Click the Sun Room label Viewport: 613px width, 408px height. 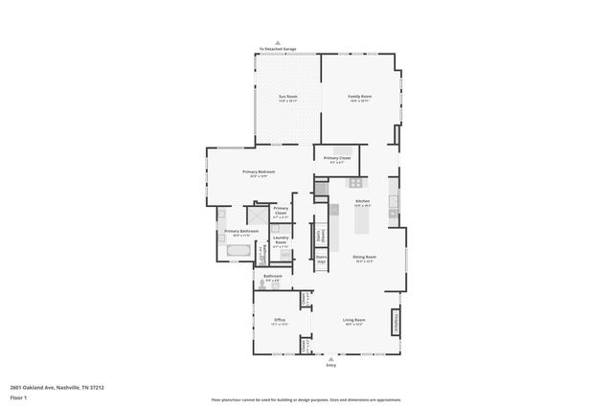(287, 98)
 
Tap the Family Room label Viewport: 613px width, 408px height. (359, 98)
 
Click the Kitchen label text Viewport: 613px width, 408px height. (362, 202)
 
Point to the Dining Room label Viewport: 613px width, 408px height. (363, 258)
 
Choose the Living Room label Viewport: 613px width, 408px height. (354, 321)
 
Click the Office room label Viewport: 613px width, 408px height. (280, 321)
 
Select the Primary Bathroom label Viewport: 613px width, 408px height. (241, 232)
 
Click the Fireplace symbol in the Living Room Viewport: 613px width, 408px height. (395, 324)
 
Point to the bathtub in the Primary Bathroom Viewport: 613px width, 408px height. (238, 254)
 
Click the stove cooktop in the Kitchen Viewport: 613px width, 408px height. (355, 183)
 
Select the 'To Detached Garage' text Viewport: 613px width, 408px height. (278, 49)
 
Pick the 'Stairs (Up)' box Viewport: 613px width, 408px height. (322, 259)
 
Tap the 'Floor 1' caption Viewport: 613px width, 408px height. (18, 397)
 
